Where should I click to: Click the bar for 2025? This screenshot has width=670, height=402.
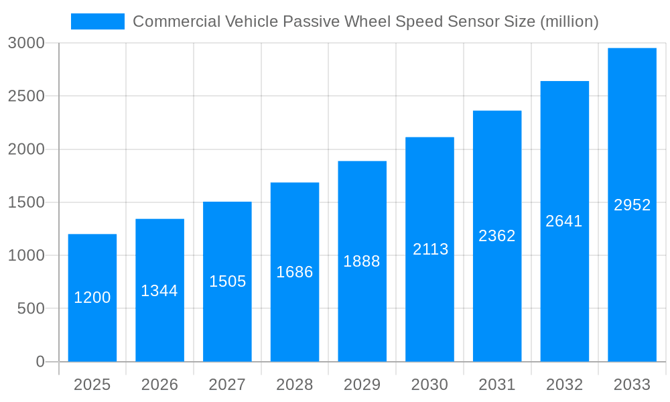point(92,298)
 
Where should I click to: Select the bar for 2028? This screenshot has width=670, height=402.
point(295,272)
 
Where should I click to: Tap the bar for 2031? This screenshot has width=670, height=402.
point(497,236)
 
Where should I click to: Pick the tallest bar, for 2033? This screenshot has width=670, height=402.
point(632,205)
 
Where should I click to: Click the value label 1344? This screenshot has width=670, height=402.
point(159,291)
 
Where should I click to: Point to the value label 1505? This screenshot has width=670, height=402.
point(227,281)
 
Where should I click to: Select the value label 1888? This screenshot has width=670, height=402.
point(362,261)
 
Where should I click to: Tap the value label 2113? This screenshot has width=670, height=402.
point(430,249)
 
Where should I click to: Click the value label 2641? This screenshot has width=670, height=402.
point(564,221)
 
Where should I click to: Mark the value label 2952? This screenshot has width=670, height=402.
point(632,205)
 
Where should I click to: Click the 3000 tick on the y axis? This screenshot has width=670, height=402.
point(26,43)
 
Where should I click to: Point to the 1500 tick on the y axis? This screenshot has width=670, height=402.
point(26,202)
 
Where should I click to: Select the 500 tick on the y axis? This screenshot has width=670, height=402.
point(30,309)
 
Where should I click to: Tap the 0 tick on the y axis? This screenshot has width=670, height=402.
point(40,362)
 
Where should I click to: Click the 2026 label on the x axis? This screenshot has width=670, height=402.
point(159,385)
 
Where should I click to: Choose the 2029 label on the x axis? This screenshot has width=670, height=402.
point(362,385)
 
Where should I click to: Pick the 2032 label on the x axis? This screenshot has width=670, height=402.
point(564,385)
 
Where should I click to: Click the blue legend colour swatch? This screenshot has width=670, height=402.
point(98,21)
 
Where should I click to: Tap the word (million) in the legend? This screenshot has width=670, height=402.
point(569,21)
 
